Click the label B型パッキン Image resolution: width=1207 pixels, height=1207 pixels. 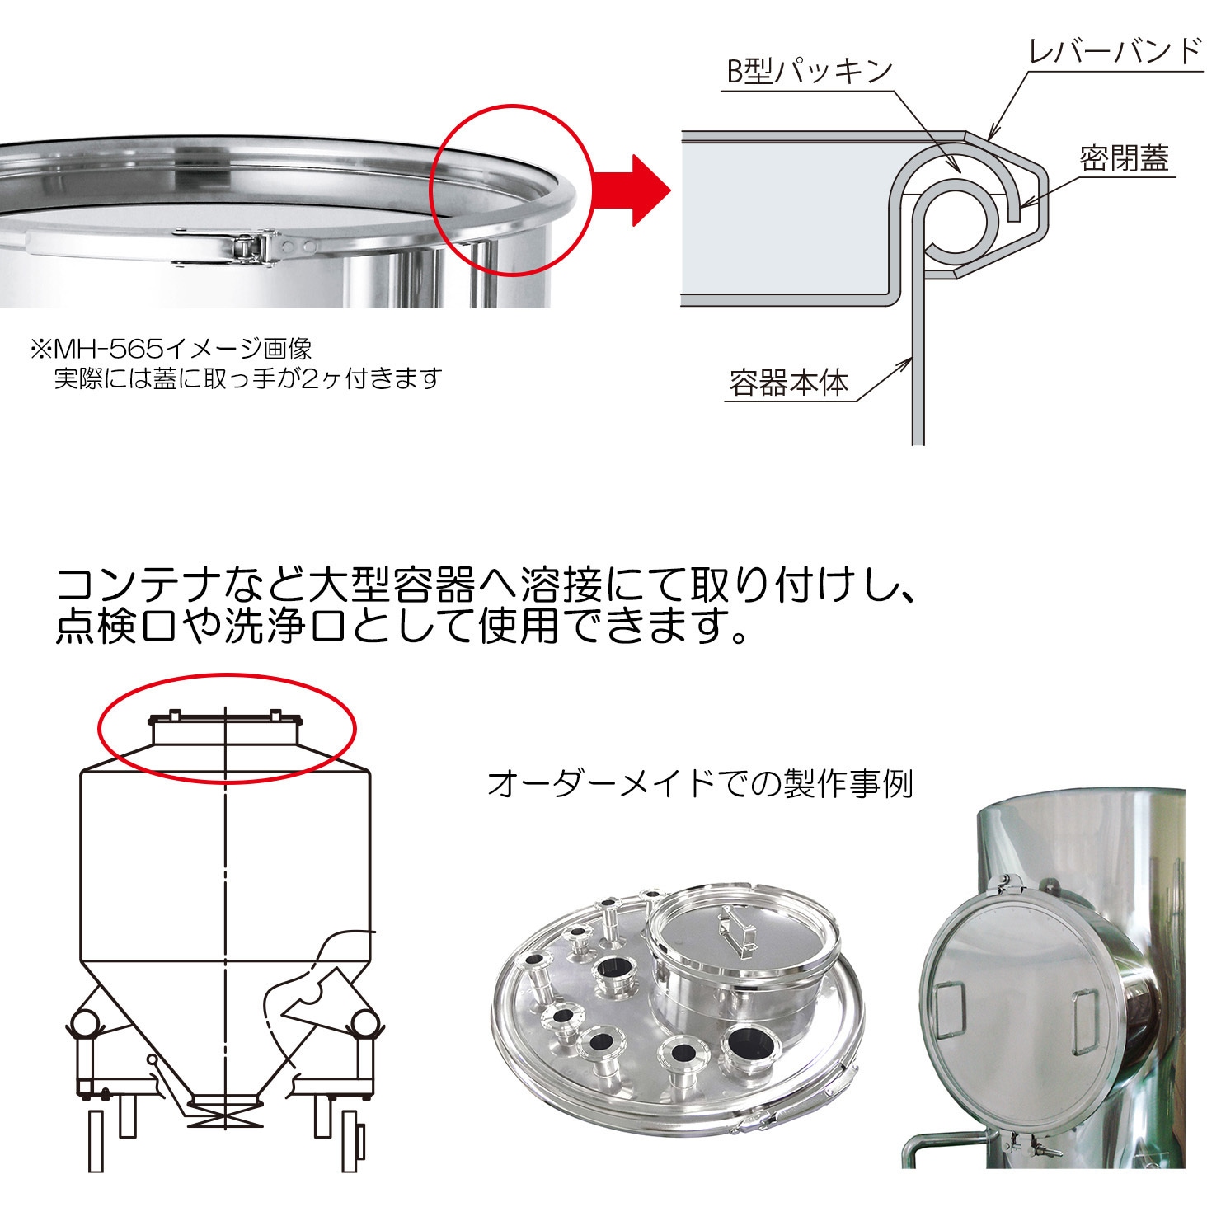coord(808,71)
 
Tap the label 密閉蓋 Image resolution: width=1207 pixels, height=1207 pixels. coord(1124,157)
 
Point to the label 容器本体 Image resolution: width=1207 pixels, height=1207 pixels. coord(788,383)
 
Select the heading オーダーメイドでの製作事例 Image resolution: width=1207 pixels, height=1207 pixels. coord(700,784)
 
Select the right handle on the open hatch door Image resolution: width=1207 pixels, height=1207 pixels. coord(1083,1020)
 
